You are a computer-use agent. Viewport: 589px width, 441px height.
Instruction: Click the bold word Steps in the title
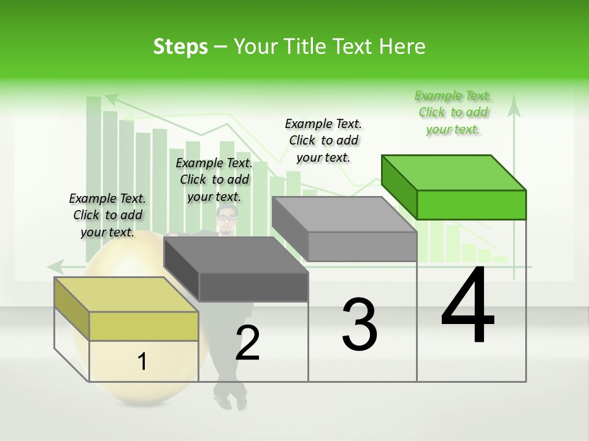[180, 47]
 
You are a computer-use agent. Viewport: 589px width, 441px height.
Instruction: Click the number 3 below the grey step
[360, 325]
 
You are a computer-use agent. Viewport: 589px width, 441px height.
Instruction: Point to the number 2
[248, 344]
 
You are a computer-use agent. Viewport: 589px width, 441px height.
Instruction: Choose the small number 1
[142, 362]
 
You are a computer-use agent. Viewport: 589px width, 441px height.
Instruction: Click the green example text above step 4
[453, 112]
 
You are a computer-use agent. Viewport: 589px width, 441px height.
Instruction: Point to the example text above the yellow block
[107, 215]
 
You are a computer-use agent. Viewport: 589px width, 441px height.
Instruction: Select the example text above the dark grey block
[214, 179]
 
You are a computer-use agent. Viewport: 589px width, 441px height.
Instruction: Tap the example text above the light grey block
[323, 140]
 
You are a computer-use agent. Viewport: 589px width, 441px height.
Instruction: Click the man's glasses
[227, 217]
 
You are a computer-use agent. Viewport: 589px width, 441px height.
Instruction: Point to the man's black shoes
[231, 400]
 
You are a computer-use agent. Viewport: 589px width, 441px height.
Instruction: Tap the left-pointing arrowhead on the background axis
[55, 266]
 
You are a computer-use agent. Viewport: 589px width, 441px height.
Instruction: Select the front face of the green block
[471, 205]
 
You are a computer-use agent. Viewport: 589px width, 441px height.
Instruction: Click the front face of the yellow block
[144, 325]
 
